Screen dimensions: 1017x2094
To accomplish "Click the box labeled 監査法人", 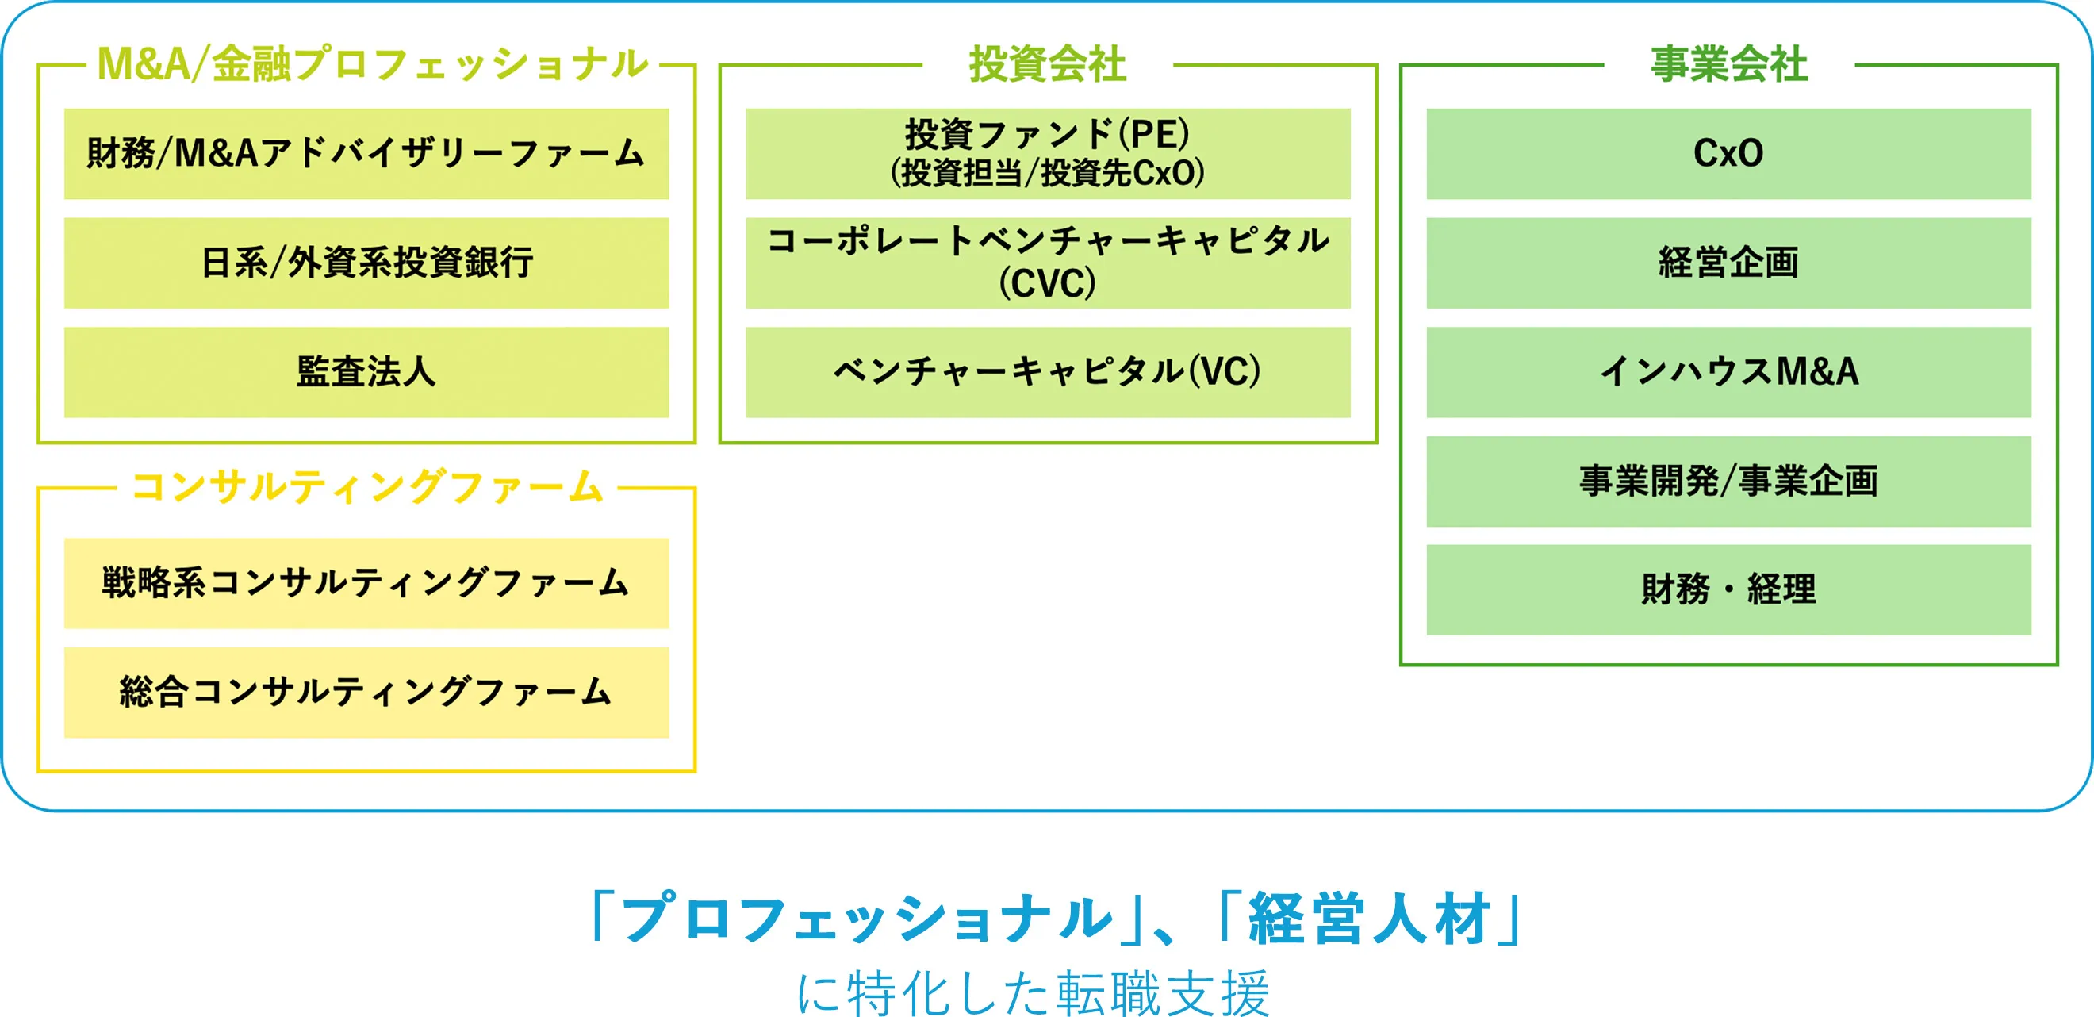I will coord(366,372).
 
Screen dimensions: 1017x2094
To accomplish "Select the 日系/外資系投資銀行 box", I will coord(366,263).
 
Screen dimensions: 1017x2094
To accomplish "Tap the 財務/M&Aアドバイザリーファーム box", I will coord(366,154).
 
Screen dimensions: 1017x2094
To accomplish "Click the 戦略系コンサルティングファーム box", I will coord(366,583).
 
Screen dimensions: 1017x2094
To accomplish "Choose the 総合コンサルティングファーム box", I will coord(366,692).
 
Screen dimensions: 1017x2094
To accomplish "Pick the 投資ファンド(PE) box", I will coord(1047,154).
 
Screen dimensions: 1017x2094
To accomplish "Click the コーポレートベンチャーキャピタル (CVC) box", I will coord(1047,263).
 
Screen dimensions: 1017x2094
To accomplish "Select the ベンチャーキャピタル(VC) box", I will coord(1047,372).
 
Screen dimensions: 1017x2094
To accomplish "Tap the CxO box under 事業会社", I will coord(1728,154).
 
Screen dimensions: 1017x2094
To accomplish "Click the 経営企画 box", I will coord(1728,263).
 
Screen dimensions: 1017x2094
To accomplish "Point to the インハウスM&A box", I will coord(1728,372).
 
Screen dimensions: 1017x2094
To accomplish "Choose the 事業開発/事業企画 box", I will coord(1728,482).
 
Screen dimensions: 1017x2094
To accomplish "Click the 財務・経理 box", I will coord(1728,589).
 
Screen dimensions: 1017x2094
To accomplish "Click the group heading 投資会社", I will coord(1047,64).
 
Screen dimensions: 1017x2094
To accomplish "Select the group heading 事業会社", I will coord(1728,64).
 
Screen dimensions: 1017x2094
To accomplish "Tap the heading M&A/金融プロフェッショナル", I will coord(372,64).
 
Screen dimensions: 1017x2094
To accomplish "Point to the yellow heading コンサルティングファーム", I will coord(366,487).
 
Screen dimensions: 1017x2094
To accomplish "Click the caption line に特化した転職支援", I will coord(1033,993).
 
